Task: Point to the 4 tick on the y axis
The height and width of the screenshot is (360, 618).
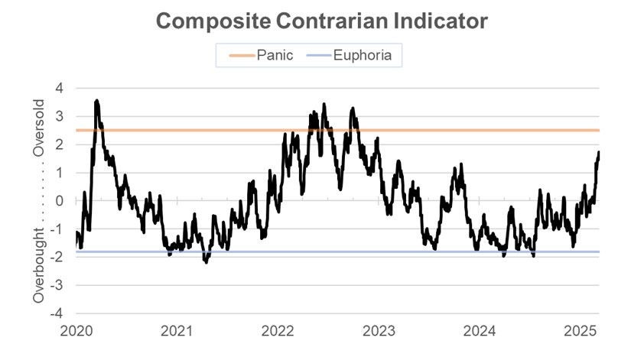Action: point(59,88)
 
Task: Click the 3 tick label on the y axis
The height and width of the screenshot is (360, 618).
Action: point(59,116)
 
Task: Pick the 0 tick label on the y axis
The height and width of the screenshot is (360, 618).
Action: point(59,201)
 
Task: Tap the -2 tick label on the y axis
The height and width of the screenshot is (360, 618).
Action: point(57,257)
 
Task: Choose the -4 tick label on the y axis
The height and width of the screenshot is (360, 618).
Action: point(57,313)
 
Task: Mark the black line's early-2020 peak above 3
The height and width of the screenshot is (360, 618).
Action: point(96,100)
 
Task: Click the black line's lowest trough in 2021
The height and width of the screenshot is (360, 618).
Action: point(205,262)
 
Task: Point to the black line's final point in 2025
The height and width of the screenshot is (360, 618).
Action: point(599,153)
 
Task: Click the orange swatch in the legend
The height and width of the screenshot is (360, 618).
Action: point(241,55)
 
